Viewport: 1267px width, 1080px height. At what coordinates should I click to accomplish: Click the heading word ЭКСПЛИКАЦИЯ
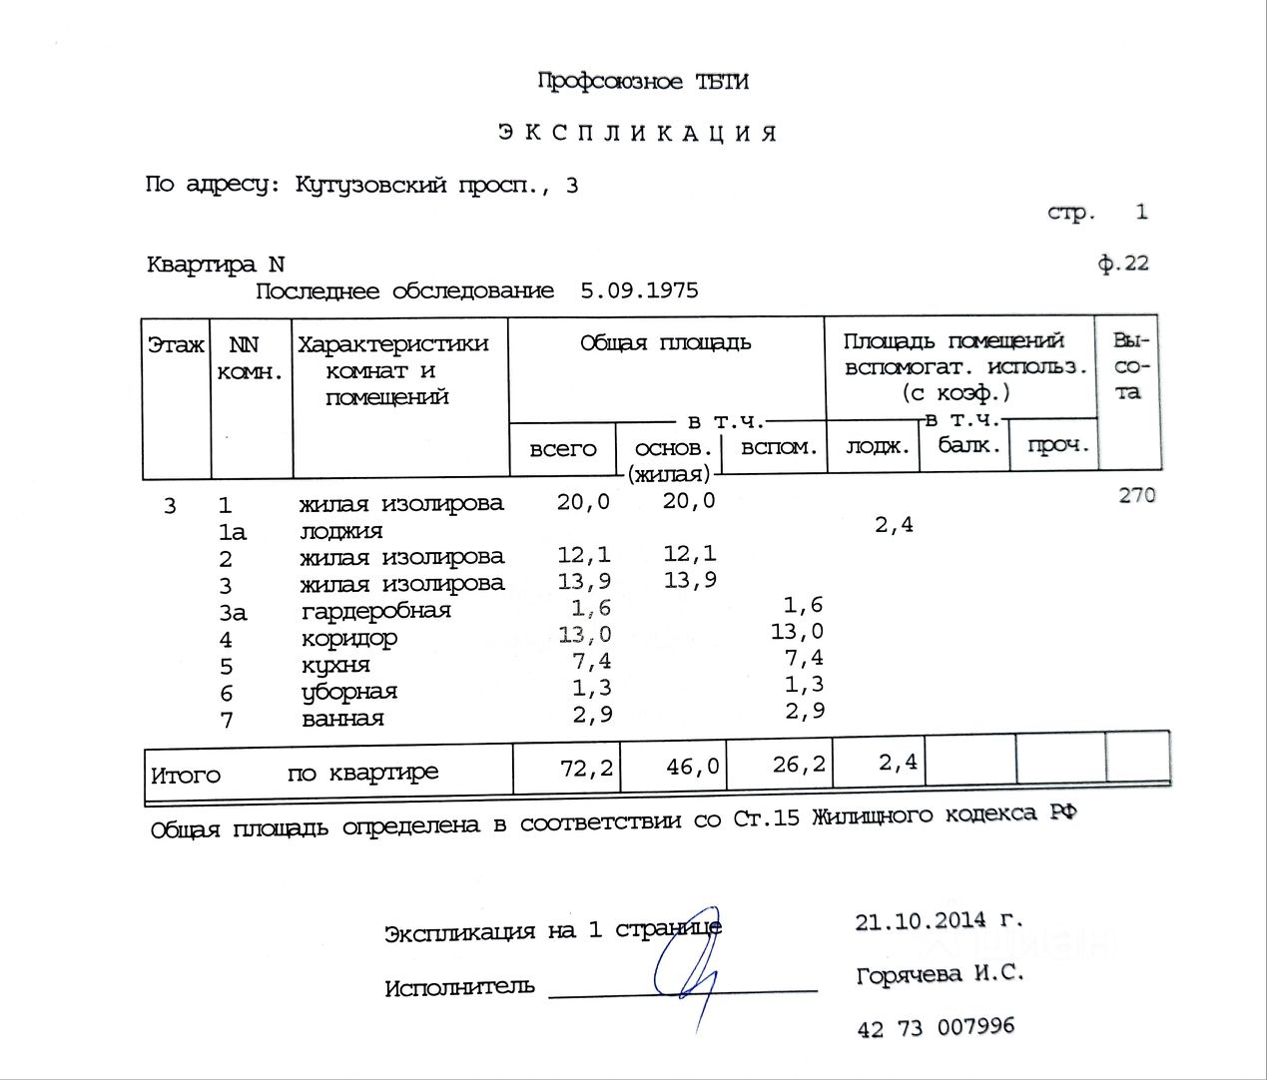637,133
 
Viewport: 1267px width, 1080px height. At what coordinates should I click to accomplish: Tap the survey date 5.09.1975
639,290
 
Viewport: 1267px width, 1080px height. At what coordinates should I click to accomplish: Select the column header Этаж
176,345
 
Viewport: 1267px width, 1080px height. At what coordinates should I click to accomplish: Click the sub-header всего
562,449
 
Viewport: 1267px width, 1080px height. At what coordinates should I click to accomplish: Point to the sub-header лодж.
877,447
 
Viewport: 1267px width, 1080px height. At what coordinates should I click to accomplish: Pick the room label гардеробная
375,611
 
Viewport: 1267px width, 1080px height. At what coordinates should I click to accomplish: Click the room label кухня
335,665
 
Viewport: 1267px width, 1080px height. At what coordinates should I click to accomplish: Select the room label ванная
342,719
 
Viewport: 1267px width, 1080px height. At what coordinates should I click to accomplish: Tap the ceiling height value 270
1136,495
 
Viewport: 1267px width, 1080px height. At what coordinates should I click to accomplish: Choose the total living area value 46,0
692,767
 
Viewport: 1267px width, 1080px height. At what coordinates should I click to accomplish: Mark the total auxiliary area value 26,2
799,765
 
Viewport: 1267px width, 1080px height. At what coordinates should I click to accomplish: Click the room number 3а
232,612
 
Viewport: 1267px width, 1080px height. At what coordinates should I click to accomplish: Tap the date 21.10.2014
920,920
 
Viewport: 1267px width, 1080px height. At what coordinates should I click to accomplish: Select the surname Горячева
909,974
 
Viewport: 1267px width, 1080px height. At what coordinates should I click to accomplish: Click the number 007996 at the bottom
974,1026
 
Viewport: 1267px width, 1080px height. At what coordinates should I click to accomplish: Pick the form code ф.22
1123,264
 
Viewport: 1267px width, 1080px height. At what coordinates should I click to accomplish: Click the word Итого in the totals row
185,776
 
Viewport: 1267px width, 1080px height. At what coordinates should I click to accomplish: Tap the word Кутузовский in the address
369,185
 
